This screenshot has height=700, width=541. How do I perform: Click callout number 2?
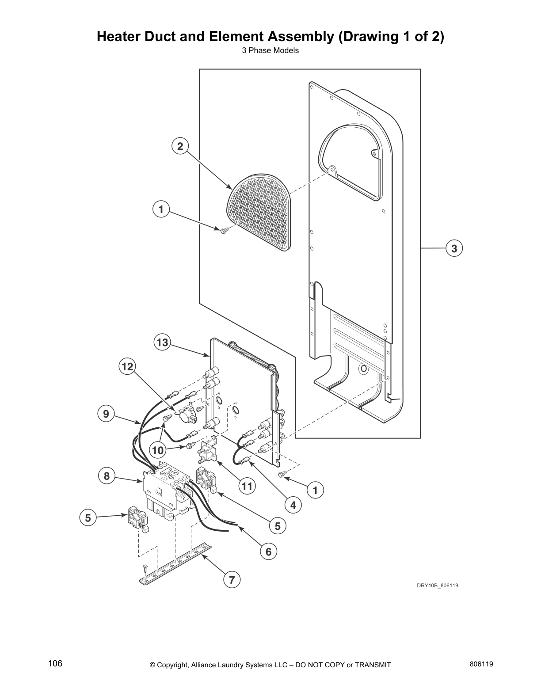point(180,146)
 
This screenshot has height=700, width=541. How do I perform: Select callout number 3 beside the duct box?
point(454,248)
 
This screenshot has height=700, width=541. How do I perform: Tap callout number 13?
point(162,342)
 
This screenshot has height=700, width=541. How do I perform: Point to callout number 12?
point(127,366)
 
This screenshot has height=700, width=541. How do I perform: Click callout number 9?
point(106,414)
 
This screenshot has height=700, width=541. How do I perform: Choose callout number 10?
point(158,450)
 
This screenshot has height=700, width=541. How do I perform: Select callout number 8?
point(107,476)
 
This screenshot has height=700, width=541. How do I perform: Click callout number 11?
point(247,487)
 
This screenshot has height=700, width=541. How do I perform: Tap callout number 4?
point(293,505)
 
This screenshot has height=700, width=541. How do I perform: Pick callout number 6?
point(268,552)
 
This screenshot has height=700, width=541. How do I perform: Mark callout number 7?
point(232,579)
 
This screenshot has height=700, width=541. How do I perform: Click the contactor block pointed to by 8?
point(164,491)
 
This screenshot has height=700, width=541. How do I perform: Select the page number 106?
point(55,664)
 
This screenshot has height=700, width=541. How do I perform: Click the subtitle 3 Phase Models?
point(270,50)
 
